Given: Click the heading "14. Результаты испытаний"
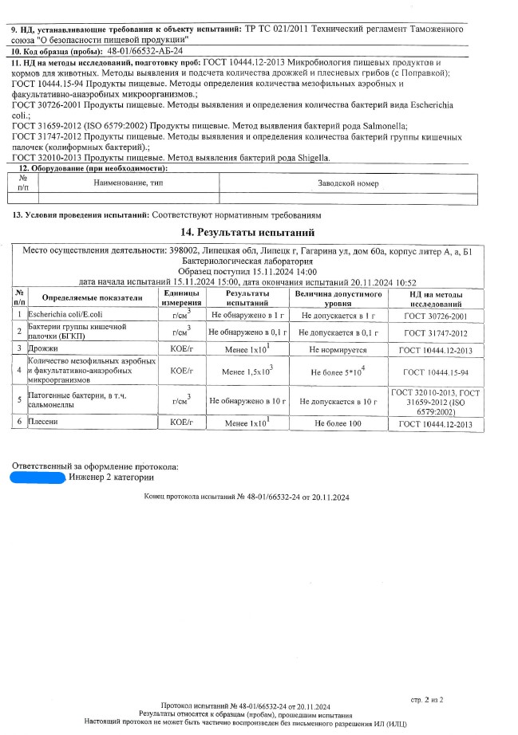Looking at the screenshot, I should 259,232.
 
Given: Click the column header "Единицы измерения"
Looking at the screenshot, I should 181,299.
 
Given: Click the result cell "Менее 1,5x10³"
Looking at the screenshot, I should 247,371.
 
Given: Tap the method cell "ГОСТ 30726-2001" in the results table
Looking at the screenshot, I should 436,316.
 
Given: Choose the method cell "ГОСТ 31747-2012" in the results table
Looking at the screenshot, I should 436,332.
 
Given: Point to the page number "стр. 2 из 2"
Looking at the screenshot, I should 427,699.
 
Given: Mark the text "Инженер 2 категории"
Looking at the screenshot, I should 113,478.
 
